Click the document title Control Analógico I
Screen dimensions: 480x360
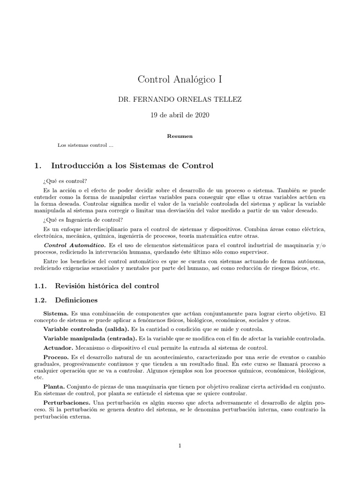click(180, 79)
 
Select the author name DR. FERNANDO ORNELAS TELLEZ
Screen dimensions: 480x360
click(180, 100)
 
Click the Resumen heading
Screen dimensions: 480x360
click(180, 136)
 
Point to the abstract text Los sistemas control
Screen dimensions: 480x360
click(85, 145)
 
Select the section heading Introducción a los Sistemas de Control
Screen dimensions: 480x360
click(132, 165)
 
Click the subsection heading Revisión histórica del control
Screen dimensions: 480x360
click(107, 285)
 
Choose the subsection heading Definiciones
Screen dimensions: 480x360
click(76, 300)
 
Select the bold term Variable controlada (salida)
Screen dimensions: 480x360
click(86, 330)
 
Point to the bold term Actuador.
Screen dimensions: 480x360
click(58, 348)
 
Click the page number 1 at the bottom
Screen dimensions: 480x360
click(180, 446)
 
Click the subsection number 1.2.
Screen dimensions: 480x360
click(41, 300)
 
